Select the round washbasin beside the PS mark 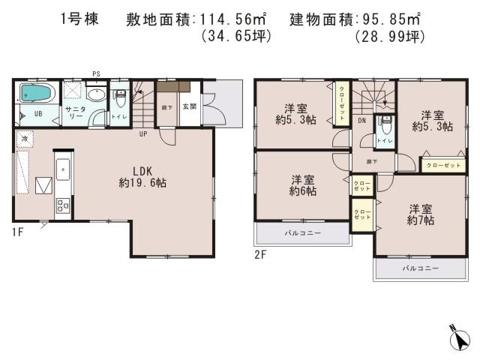pyautogui.click(x=95, y=94)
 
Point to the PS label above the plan pyautogui.click(x=95, y=73)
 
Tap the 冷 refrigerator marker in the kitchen pyautogui.click(x=24, y=139)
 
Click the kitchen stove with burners pyautogui.click(x=61, y=205)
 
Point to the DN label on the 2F pyautogui.click(x=361, y=120)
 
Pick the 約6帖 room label pyautogui.click(x=304, y=185)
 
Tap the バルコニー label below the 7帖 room pyautogui.click(x=420, y=268)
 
